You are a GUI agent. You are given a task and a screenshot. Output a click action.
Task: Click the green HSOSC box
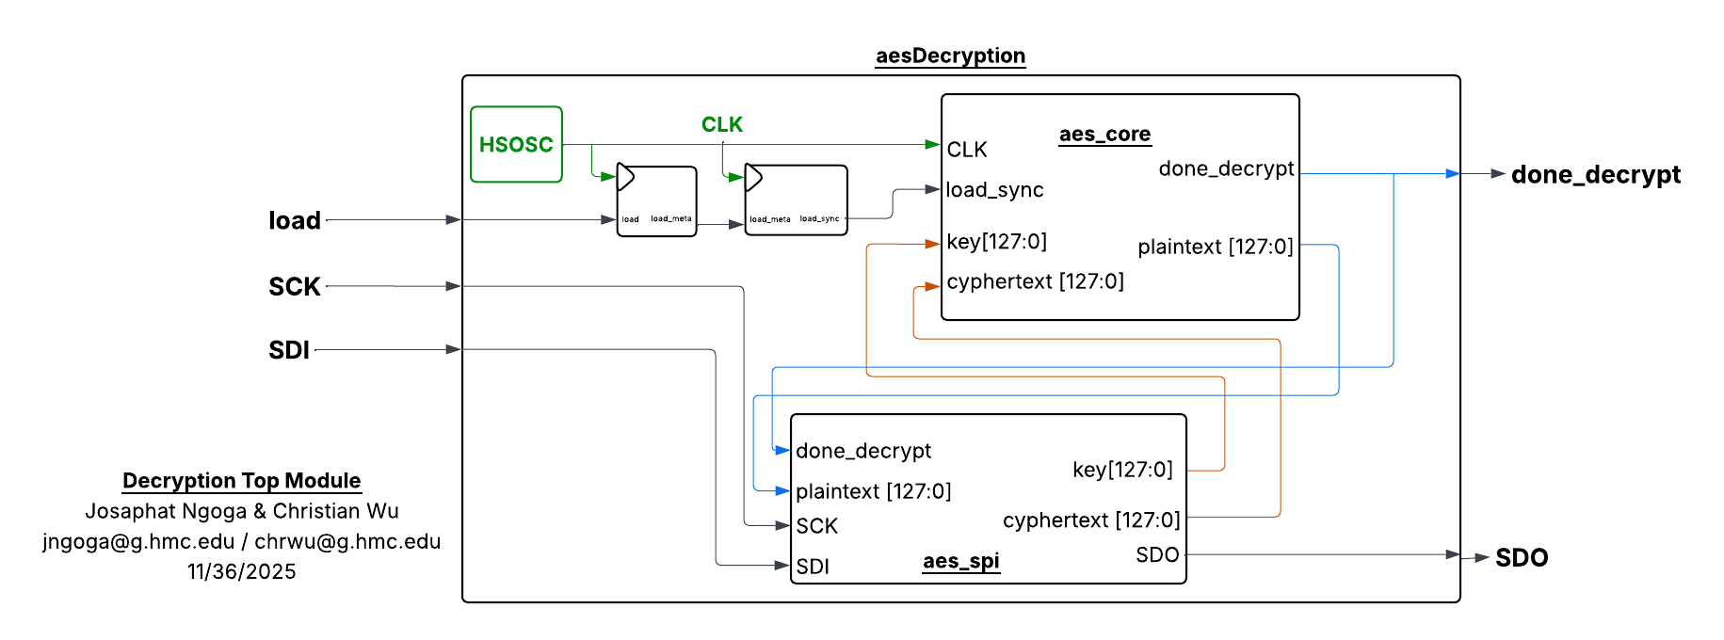[x=516, y=144]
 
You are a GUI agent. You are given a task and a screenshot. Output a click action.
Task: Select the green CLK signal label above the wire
[x=721, y=124]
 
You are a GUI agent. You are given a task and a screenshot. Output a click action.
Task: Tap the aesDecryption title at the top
[x=950, y=56]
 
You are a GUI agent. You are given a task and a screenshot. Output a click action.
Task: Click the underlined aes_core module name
[x=1104, y=134]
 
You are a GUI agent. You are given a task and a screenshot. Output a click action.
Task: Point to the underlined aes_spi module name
[x=960, y=561]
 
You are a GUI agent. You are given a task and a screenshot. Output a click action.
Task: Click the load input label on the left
[x=295, y=220]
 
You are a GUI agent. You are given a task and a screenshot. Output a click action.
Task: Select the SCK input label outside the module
[x=295, y=286]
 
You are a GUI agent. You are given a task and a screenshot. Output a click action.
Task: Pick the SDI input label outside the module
[x=289, y=350]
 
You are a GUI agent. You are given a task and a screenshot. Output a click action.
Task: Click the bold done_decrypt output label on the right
[x=1595, y=174]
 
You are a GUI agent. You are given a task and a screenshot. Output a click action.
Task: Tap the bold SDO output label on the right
[x=1522, y=557]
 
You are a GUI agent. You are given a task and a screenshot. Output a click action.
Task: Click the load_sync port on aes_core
[x=994, y=190]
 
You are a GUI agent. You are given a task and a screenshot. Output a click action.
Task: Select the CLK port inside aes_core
[x=967, y=150]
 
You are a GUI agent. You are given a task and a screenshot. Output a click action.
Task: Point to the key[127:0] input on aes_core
[x=996, y=242]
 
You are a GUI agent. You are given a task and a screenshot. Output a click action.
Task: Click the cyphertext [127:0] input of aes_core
[x=1035, y=281]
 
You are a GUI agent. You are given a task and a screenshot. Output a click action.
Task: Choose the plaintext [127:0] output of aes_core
[x=1215, y=247]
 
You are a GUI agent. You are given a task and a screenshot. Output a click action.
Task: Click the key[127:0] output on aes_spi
[x=1122, y=470]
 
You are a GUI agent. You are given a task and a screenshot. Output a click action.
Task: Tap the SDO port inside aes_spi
[x=1157, y=554]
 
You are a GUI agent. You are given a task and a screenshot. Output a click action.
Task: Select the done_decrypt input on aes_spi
[x=863, y=451]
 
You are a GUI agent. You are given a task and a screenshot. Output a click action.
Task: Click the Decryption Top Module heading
[x=242, y=480]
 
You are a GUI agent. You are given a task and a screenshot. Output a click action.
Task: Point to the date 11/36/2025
[x=242, y=571]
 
